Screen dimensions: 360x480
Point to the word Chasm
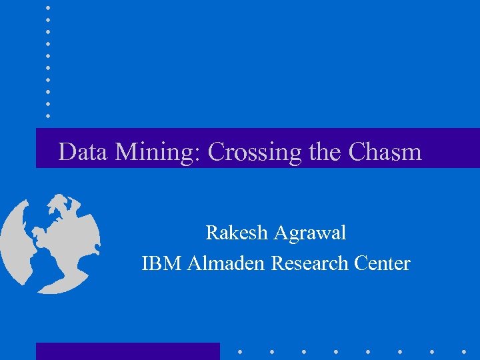pos(385,152)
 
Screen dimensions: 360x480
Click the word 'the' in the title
pos(325,152)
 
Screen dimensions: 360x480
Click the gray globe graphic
pos(50,243)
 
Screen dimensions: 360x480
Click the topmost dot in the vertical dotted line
pos(48,7)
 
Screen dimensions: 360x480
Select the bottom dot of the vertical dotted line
pos(48,115)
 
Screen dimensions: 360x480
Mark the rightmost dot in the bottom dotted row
pos(464,351)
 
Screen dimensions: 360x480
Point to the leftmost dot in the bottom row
pos(239,351)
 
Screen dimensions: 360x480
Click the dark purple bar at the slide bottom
pos(127,351)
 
